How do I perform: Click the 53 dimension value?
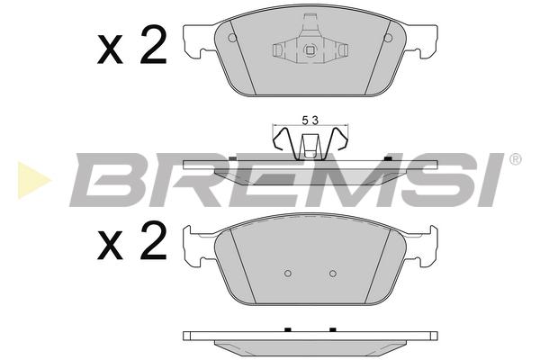click(310, 121)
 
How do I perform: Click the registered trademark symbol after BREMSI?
click(515, 159)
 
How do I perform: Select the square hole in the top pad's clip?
click(310, 50)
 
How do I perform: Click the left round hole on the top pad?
click(232, 38)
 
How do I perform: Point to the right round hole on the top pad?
click(388, 38)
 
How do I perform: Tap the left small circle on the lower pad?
click(288, 274)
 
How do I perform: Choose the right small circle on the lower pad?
click(333, 274)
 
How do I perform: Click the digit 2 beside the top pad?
click(153, 46)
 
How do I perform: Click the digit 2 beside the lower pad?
click(153, 241)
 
